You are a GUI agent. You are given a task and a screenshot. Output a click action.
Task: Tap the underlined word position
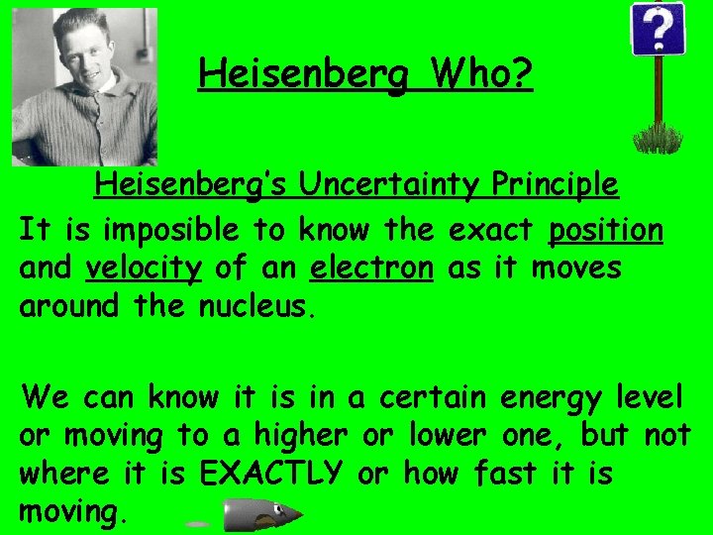[x=606, y=231]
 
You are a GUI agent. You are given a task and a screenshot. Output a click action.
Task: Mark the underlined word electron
[x=371, y=268]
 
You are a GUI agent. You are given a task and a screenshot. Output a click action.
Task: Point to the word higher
[x=299, y=436]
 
